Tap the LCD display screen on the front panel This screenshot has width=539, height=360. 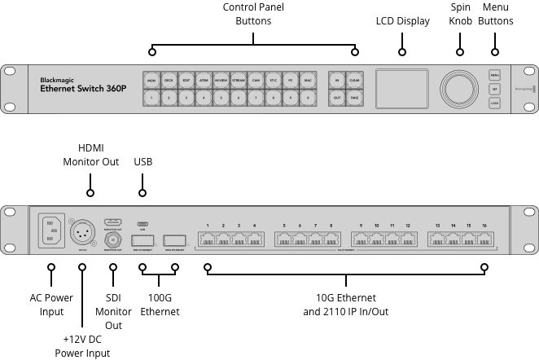(402, 87)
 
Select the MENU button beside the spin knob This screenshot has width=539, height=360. (494, 75)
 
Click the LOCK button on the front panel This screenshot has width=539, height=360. (494, 103)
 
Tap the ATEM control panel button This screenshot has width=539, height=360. (204, 81)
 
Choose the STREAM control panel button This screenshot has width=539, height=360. (239, 81)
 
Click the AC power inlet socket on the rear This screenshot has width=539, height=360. (50, 231)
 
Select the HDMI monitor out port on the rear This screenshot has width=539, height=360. (113, 222)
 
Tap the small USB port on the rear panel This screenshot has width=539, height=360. (142, 224)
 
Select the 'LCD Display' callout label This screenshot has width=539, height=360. (402, 21)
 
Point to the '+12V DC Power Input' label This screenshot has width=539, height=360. (82, 345)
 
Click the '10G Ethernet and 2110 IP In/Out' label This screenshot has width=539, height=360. (345, 305)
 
